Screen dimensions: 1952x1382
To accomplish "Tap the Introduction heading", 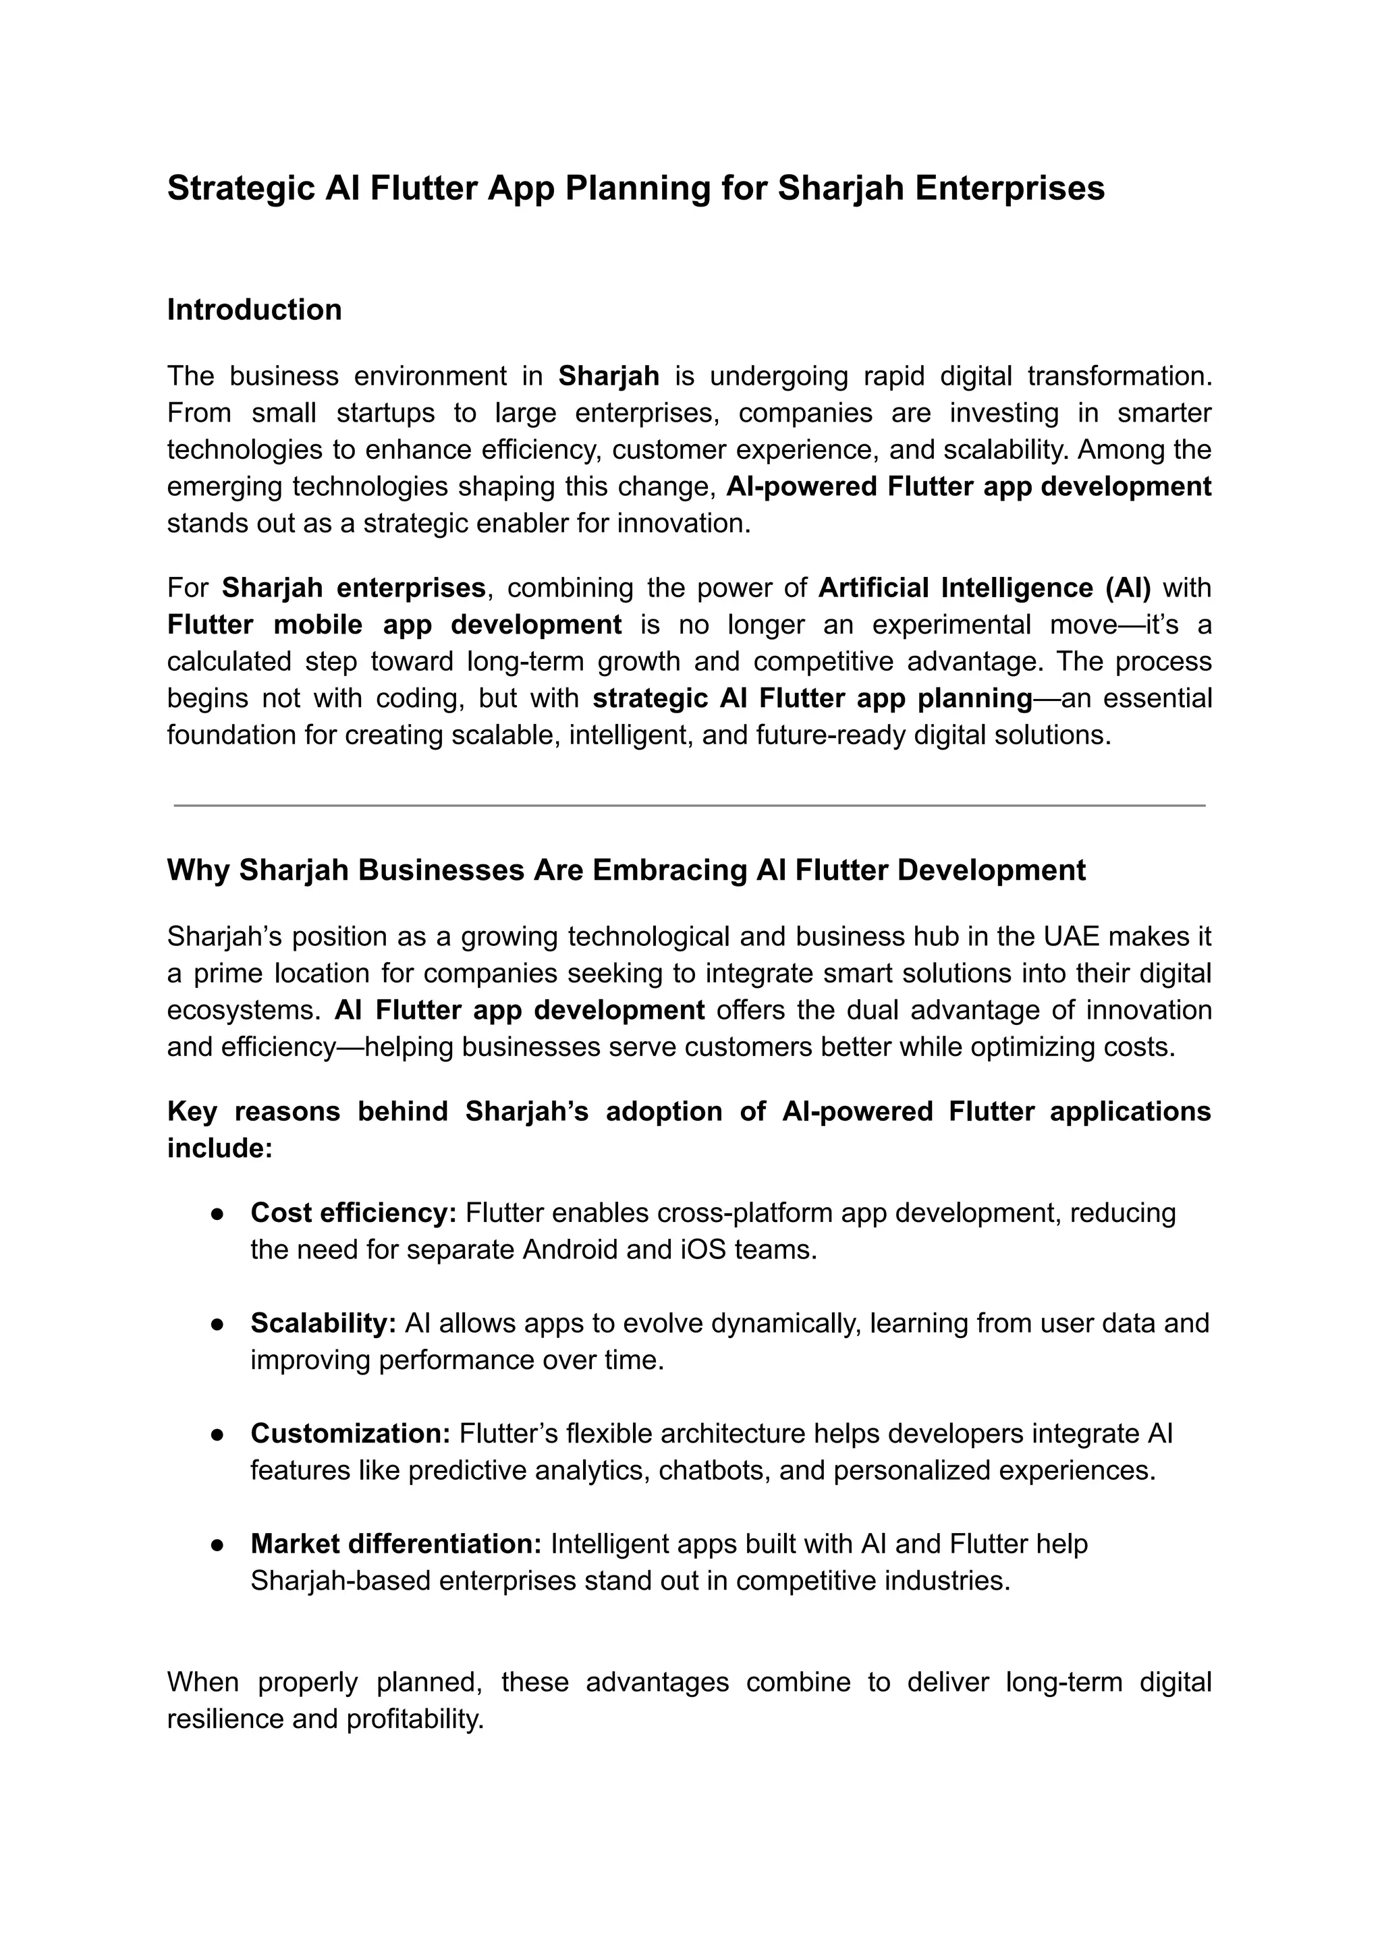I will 254,310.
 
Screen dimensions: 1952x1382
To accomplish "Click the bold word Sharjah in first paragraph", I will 609,375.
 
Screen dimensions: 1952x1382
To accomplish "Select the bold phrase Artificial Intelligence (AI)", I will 984,588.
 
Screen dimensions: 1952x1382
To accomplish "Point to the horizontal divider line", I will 689,805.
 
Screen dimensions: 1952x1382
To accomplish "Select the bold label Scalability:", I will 323,1323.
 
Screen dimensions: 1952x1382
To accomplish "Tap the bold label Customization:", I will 350,1434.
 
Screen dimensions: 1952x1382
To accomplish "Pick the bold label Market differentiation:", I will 395,1544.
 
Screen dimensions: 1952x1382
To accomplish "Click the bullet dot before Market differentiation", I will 218,1545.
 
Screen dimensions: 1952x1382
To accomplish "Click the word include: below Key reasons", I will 219,1149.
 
